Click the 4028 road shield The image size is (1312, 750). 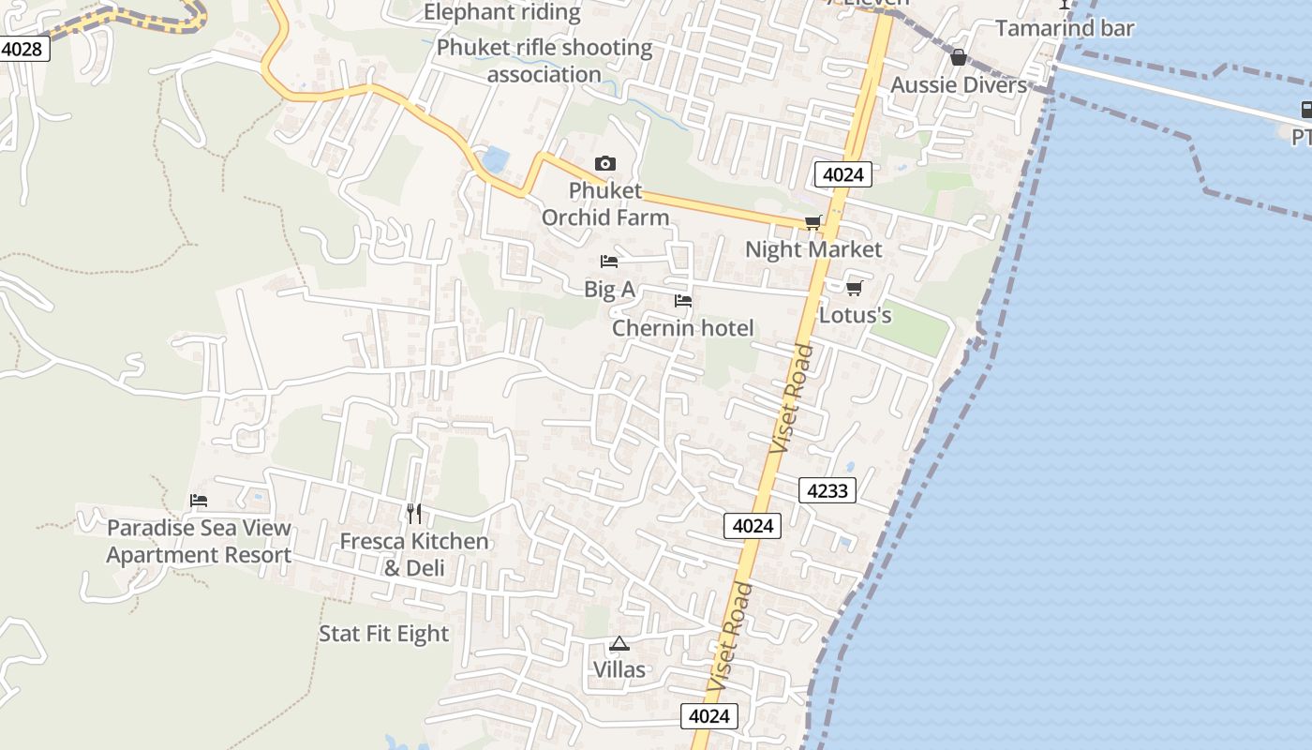tap(22, 49)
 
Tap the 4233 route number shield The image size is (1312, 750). tap(827, 490)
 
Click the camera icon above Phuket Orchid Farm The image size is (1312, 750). tap(605, 164)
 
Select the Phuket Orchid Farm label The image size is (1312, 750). tap(605, 204)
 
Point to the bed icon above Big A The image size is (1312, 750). tap(609, 262)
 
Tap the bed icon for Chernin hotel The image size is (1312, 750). tap(683, 301)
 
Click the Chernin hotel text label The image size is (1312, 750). tap(682, 328)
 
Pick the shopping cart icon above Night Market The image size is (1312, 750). tap(813, 223)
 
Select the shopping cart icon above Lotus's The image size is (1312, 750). tap(854, 288)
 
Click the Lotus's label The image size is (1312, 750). tap(855, 315)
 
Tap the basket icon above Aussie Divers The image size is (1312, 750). tap(958, 58)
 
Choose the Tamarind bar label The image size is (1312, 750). tap(1065, 28)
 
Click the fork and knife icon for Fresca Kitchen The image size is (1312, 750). tap(414, 513)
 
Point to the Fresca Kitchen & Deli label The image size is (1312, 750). tap(414, 554)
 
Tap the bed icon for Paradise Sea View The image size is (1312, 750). tap(199, 501)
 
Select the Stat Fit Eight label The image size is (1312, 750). tap(384, 634)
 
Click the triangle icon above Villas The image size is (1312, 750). tap(619, 644)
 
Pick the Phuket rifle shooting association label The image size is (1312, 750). tap(544, 61)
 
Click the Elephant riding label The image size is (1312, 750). tap(502, 12)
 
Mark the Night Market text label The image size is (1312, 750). tap(813, 249)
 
